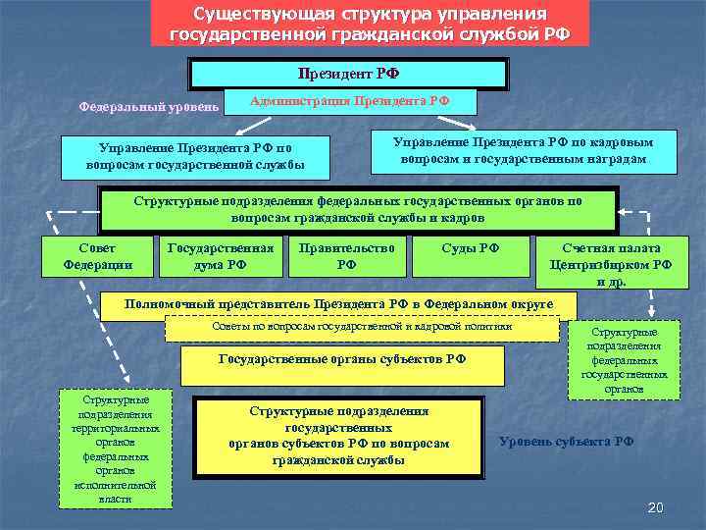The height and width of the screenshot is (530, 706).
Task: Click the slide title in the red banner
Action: [370, 24]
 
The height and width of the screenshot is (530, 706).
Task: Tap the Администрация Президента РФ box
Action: [350, 102]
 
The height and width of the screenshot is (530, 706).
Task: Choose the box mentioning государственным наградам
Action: [524, 150]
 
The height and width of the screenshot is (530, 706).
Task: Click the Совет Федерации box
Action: [97, 256]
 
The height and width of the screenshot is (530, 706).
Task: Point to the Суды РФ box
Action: [471, 256]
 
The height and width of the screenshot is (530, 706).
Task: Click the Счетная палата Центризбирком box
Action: [611, 264]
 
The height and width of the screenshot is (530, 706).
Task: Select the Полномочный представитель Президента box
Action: [338, 305]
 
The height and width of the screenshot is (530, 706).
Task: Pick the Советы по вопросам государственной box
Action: [362, 328]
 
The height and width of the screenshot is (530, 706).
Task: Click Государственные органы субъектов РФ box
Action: [342, 365]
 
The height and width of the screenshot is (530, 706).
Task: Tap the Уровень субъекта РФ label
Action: [566, 442]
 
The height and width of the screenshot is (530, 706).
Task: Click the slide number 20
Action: [656, 506]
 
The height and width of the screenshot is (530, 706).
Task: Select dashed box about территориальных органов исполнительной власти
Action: [116, 450]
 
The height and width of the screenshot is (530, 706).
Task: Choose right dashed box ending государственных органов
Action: [624, 360]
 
